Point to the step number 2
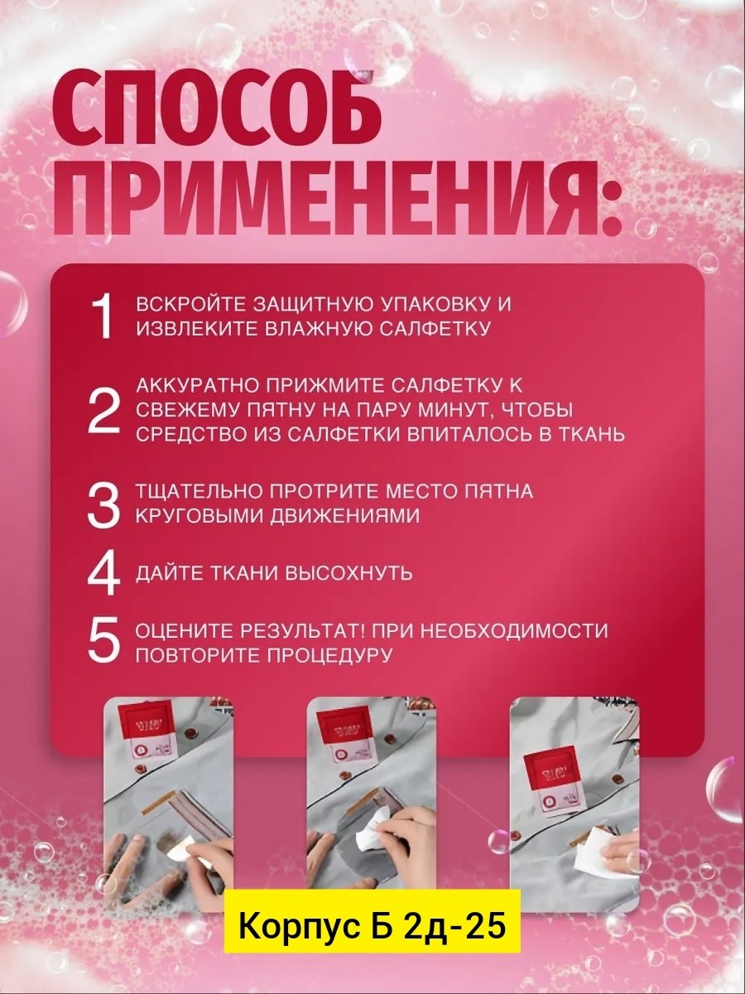click(x=104, y=410)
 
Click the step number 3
click(x=104, y=505)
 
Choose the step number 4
click(x=104, y=573)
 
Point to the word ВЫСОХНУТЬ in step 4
click(x=349, y=573)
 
